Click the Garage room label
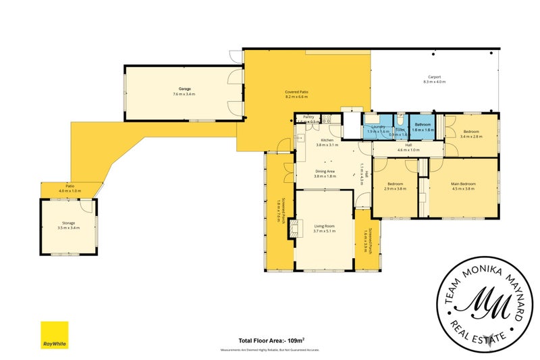[184, 89]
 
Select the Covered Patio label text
[297, 92]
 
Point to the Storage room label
[70, 223]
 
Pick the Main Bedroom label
[463, 184]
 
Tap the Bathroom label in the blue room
[423, 124]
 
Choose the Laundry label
[377, 126]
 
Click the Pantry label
[309, 117]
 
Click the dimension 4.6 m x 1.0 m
[408, 150]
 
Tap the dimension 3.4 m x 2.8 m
[470, 136]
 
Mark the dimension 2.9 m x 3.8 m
[395, 189]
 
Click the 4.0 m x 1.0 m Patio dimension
[69, 191]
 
